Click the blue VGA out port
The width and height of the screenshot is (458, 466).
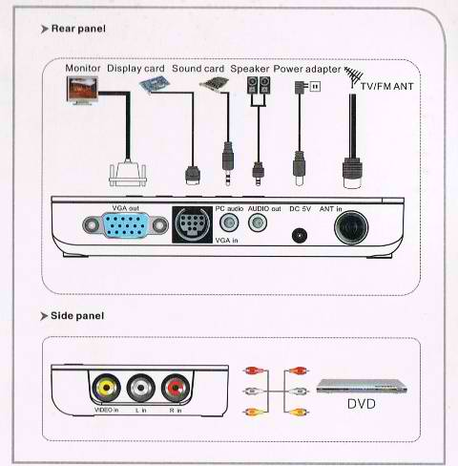click(125, 225)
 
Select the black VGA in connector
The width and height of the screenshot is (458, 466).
click(192, 224)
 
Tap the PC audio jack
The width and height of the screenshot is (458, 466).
click(229, 222)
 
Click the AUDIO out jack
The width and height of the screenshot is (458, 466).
click(258, 222)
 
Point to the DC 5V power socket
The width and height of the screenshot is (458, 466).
click(300, 236)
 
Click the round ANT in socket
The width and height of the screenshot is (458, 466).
click(351, 227)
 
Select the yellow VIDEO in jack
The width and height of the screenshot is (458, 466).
click(106, 388)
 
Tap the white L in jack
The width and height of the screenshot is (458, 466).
click(141, 388)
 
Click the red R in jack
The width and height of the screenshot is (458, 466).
click(176, 388)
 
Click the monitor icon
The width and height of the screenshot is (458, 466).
click(82, 91)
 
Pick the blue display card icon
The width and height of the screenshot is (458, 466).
click(155, 85)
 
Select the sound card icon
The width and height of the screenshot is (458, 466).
click(214, 84)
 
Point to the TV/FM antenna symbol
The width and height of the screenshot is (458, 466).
click(354, 77)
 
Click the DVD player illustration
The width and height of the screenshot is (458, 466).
click(362, 386)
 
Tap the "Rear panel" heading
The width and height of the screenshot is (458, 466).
click(78, 29)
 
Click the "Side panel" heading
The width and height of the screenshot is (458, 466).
click(77, 316)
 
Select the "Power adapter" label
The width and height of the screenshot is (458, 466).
click(307, 69)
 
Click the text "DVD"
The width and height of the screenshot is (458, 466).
click(362, 404)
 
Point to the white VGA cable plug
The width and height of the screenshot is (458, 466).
click(128, 174)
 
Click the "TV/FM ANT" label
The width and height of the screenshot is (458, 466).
click(386, 86)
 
